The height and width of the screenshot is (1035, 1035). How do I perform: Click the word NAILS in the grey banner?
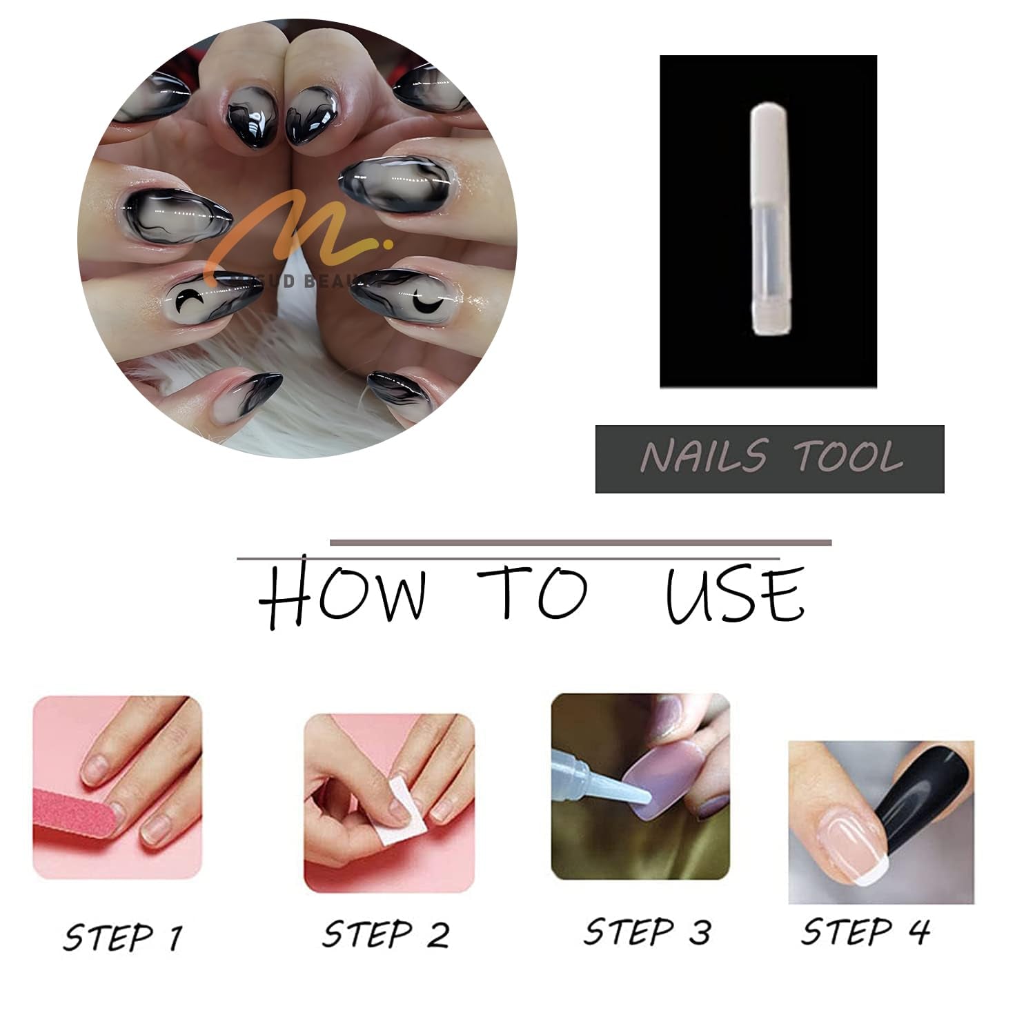tap(703, 457)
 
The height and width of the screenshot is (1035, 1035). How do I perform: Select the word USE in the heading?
tap(734, 594)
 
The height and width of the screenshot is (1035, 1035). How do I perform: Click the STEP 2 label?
tap(386, 935)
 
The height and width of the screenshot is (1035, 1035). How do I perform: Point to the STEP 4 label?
tap(865, 931)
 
